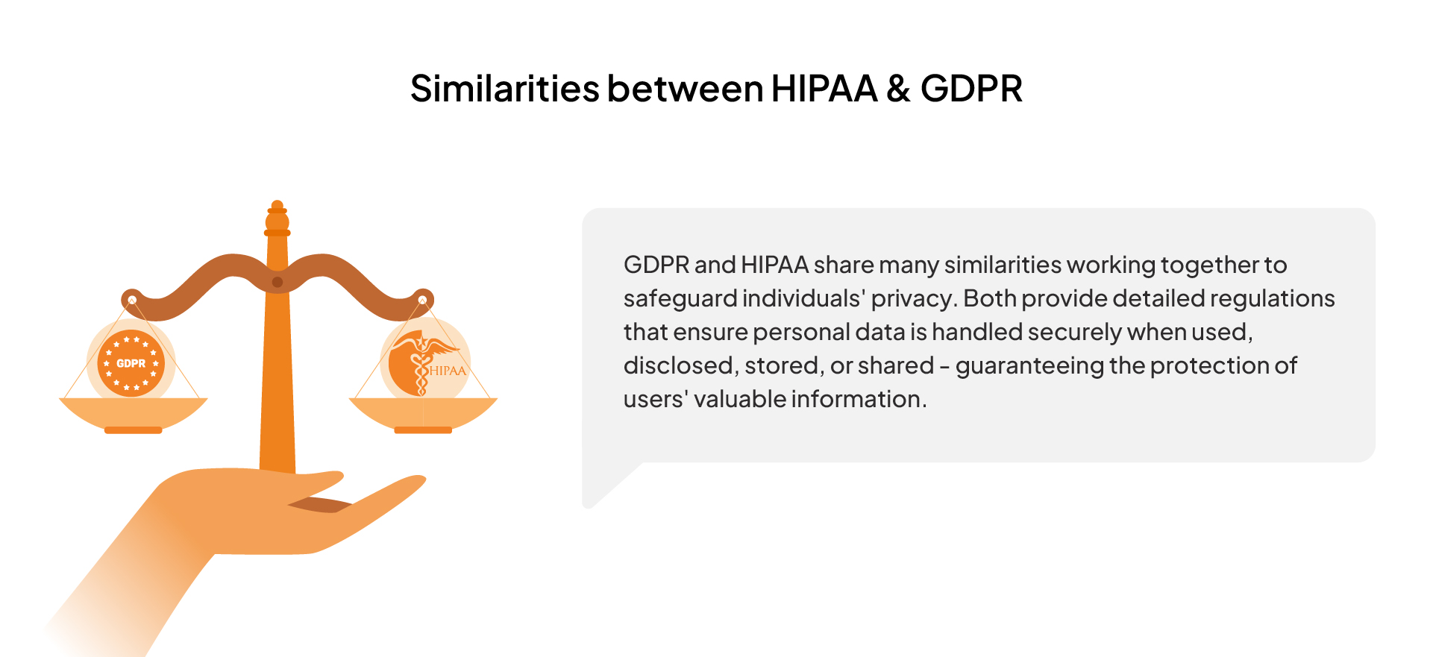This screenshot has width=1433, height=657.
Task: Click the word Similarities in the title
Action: tap(505, 89)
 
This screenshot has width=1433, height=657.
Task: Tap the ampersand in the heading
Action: tap(898, 89)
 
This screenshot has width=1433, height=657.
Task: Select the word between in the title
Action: tap(686, 89)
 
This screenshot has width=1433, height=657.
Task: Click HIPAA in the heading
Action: tap(824, 89)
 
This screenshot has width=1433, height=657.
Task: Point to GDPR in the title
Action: tap(971, 89)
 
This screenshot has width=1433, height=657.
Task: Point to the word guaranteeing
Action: tap(1029, 366)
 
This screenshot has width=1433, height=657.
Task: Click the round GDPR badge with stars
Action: tap(131, 363)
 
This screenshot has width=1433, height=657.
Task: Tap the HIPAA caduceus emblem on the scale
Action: tap(424, 363)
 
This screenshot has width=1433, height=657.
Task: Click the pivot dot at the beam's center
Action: tap(277, 282)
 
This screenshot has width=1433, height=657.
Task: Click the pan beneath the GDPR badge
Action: tap(133, 415)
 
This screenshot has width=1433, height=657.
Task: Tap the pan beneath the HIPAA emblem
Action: tap(423, 415)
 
